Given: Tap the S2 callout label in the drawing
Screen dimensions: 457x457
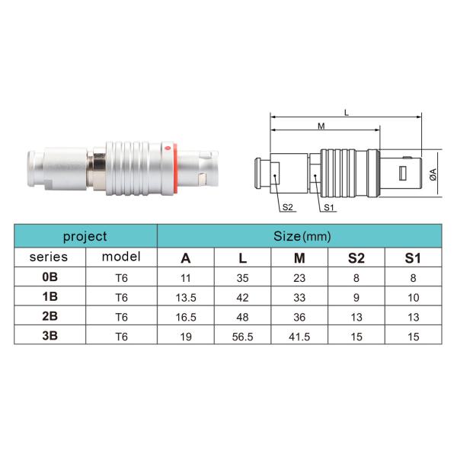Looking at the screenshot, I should coord(288,207).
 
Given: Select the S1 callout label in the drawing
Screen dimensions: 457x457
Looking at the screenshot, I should coord(329,207).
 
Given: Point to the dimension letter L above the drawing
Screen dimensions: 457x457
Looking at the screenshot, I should coord(347,112).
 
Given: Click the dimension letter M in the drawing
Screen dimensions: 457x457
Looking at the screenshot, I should coord(322,125).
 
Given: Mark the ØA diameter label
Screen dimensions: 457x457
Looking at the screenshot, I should coord(433,173).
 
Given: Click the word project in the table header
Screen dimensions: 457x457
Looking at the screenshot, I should coord(85,236).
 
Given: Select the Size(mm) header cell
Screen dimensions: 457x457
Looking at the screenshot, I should coord(302,236).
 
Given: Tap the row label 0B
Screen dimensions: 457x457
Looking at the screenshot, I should coord(49,277).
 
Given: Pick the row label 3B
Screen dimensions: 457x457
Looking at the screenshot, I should coord(49,334).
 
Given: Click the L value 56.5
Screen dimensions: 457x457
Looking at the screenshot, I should coord(242,334).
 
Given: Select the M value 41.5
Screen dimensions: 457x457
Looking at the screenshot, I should coord(299,334).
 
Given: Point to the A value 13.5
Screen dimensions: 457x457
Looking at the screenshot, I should coord(186,296).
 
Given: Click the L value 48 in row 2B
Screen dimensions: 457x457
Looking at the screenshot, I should coord(242,315).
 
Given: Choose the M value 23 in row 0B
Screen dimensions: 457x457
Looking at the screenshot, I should coord(299,277).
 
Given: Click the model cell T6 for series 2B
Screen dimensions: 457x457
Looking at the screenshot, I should coord(121,315).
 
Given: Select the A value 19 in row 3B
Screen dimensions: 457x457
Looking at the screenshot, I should coord(186,334).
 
